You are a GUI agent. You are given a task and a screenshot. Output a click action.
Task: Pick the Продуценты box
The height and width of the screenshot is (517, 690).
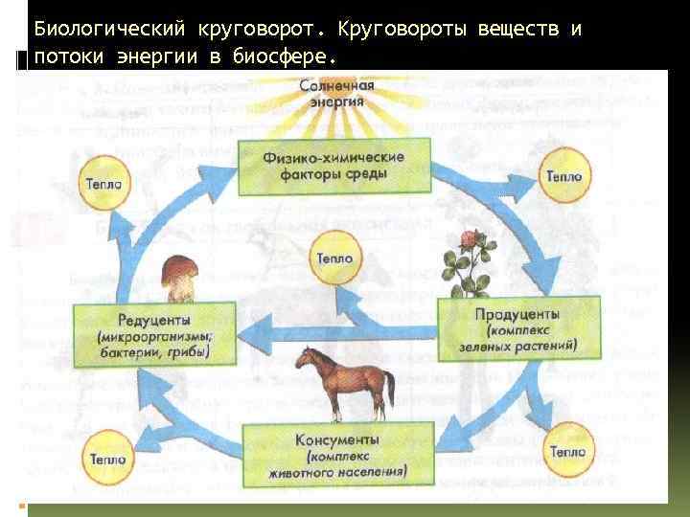pos(517,325)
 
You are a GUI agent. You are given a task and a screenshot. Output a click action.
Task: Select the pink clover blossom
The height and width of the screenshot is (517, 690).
pos(470,237)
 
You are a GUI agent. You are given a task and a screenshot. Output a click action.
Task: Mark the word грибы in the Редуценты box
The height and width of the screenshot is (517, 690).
pos(186,351)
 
